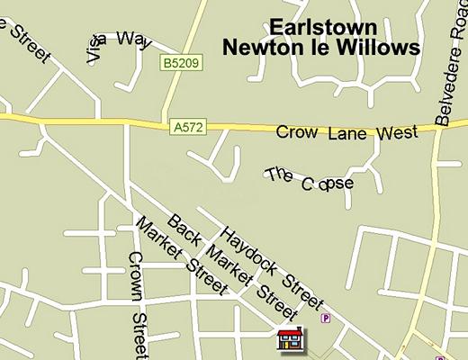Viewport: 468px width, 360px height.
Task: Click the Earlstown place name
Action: pos(323,27)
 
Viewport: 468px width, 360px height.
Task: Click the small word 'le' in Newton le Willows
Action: pos(320,47)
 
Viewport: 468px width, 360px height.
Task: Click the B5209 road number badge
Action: pos(178,63)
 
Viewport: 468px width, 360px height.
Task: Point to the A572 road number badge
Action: pos(183,129)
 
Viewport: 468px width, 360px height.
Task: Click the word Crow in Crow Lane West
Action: pos(293,133)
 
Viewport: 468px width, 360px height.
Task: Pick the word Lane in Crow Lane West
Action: pos(343,133)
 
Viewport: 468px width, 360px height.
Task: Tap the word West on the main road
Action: pos(398,132)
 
